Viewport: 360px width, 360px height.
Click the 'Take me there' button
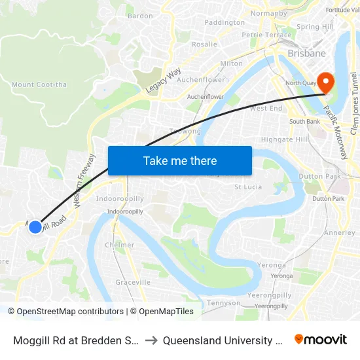point(180,160)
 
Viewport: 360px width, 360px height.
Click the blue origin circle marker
point(35,226)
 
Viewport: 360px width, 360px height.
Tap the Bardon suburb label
point(140,16)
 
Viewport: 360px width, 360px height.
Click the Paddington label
point(225,22)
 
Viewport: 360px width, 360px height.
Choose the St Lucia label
point(248,188)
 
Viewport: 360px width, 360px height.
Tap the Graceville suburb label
point(133,282)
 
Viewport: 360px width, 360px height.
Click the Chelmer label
point(120,245)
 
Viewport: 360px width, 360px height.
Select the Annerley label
point(340,232)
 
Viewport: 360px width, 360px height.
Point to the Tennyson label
point(224,303)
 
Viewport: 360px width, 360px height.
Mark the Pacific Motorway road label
point(336,131)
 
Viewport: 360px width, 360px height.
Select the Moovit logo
point(321,339)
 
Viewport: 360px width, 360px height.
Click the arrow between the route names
point(150,340)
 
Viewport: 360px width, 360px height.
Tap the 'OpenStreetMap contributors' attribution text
point(65,312)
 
